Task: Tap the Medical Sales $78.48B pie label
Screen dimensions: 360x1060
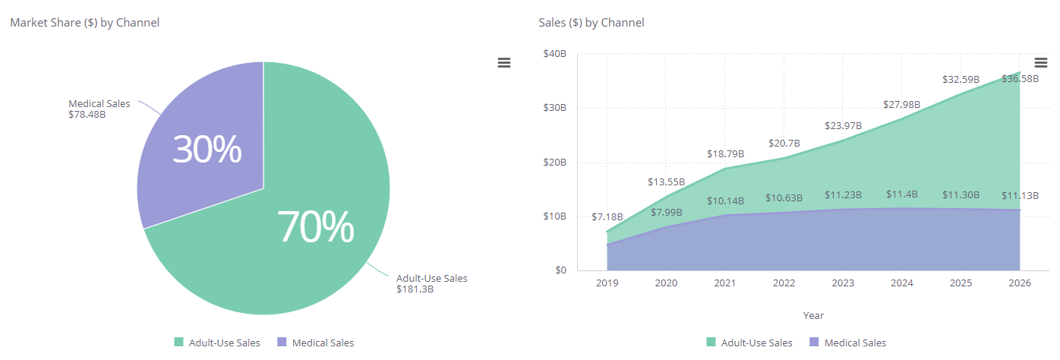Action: click(99, 109)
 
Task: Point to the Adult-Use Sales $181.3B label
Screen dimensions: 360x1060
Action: click(431, 283)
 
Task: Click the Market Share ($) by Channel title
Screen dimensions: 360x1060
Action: click(84, 23)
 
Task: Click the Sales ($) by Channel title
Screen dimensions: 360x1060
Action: click(591, 23)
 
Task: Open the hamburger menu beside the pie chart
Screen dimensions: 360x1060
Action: click(504, 63)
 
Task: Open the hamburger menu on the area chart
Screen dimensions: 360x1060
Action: click(1041, 62)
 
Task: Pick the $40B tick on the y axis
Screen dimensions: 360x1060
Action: click(554, 54)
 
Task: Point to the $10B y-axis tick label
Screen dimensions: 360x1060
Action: click(554, 216)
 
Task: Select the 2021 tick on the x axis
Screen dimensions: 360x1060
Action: click(725, 283)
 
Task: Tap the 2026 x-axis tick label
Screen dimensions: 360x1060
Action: click(1020, 283)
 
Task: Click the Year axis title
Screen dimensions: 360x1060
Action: click(813, 315)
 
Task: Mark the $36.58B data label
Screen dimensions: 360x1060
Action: click(1020, 78)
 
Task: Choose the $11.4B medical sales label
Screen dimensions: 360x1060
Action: click(901, 194)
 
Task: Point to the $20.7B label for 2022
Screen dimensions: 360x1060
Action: click(783, 143)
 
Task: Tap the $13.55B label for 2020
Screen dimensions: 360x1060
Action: click(666, 182)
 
